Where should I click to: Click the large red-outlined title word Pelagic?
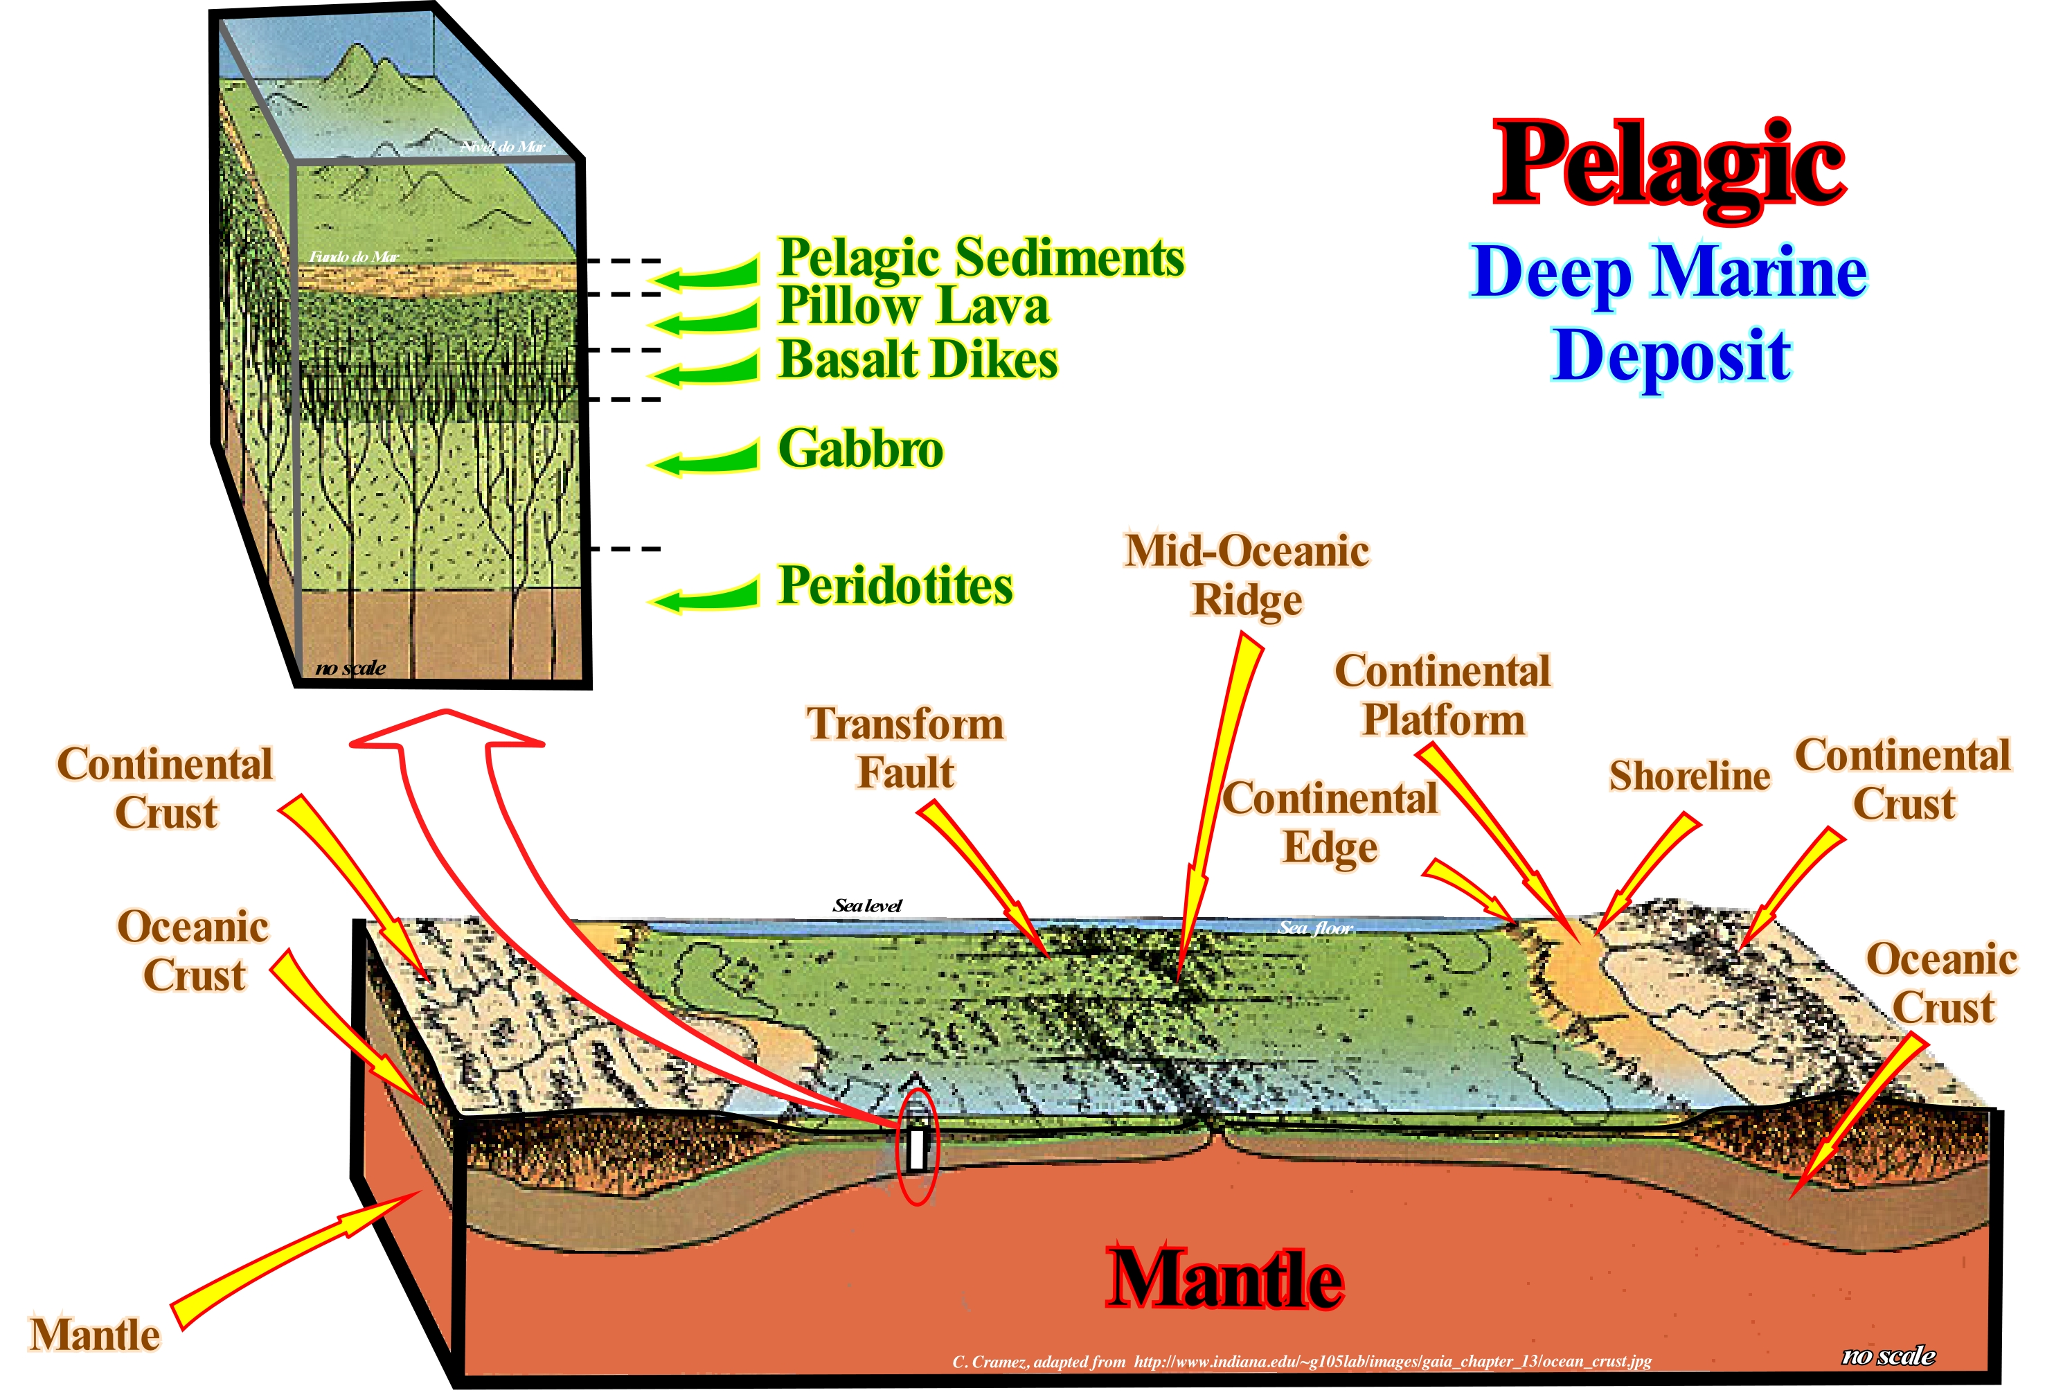(1668, 166)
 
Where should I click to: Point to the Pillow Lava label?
(913, 306)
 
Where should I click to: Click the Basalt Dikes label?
(918, 360)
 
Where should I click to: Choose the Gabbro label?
(861, 449)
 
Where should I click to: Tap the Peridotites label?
(895, 586)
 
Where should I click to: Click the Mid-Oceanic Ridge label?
(1247, 576)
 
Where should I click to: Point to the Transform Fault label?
(906, 748)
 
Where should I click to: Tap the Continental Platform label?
(1443, 695)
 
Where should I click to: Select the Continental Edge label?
(1330, 823)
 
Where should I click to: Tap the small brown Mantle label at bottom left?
(95, 1335)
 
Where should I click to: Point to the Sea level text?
(867, 906)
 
